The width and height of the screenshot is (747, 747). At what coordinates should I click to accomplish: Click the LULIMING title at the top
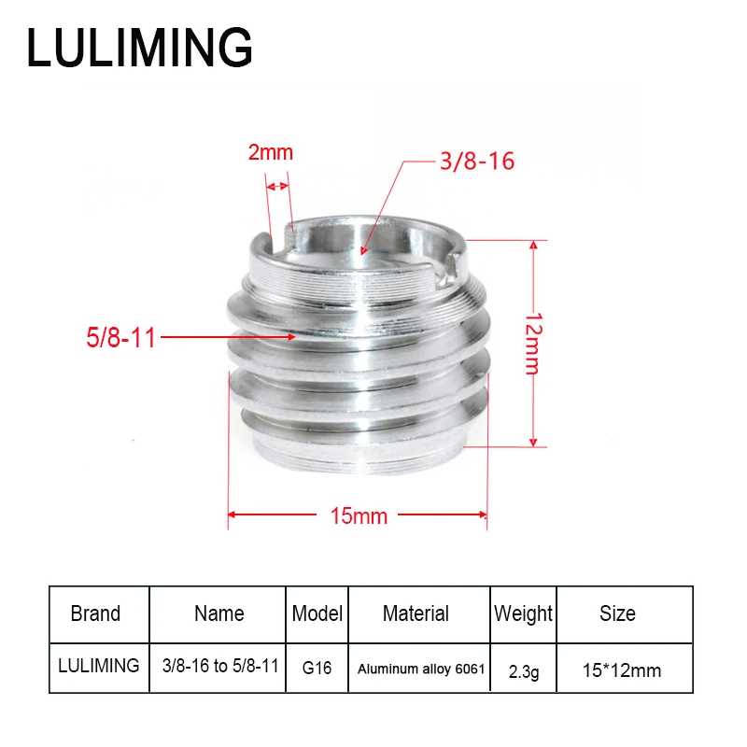pyautogui.click(x=139, y=48)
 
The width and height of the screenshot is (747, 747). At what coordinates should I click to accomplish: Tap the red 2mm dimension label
pyautogui.click(x=270, y=152)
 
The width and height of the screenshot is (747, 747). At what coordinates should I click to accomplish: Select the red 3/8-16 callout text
pyautogui.click(x=477, y=161)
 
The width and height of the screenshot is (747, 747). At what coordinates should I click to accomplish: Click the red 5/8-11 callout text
pyautogui.click(x=121, y=337)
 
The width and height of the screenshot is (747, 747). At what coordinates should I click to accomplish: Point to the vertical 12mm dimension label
pyautogui.click(x=533, y=344)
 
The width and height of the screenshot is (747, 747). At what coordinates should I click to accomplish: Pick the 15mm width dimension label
pyautogui.click(x=359, y=516)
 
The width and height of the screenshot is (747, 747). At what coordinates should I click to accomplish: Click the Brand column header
pyautogui.click(x=95, y=613)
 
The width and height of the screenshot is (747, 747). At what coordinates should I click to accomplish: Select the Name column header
pyautogui.click(x=219, y=613)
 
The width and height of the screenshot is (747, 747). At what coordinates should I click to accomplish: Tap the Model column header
pyautogui.click(x=317, y=613)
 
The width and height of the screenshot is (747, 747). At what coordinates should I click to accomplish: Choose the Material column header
pyautogui.click(x=416, y=613)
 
